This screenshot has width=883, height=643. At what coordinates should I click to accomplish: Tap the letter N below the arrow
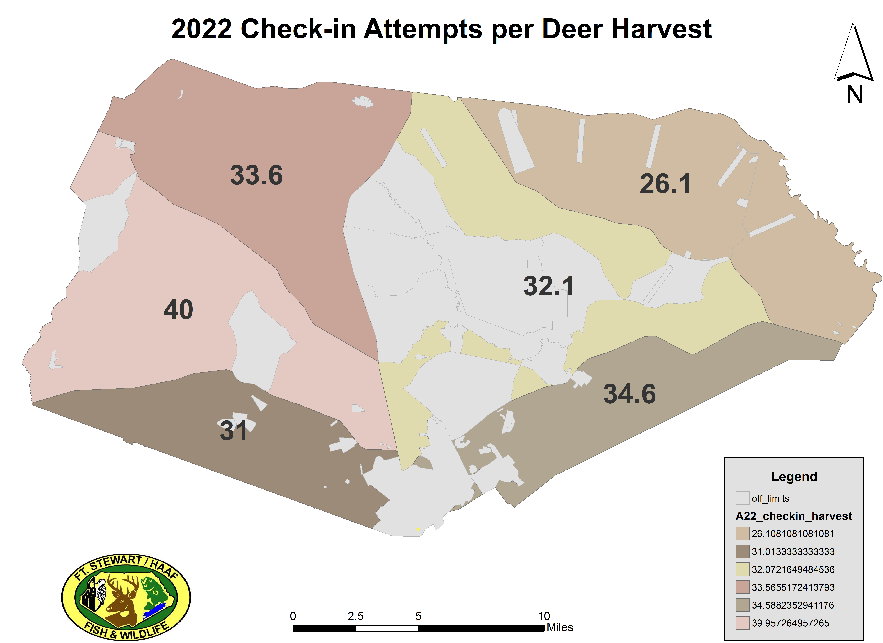point(855,95)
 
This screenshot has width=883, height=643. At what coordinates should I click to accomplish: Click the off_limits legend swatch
point(742,498)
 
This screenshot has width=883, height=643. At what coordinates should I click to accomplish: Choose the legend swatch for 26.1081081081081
point(742,534)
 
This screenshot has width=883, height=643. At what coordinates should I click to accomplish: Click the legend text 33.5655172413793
point(793,587)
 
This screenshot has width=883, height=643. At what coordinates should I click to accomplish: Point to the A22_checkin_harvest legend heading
point(793,516)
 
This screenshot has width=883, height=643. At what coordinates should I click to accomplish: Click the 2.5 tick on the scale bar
point(355,616)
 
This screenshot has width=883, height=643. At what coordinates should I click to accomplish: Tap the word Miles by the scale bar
point(560,627)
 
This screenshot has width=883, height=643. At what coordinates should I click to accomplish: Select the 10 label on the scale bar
point(544,616)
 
